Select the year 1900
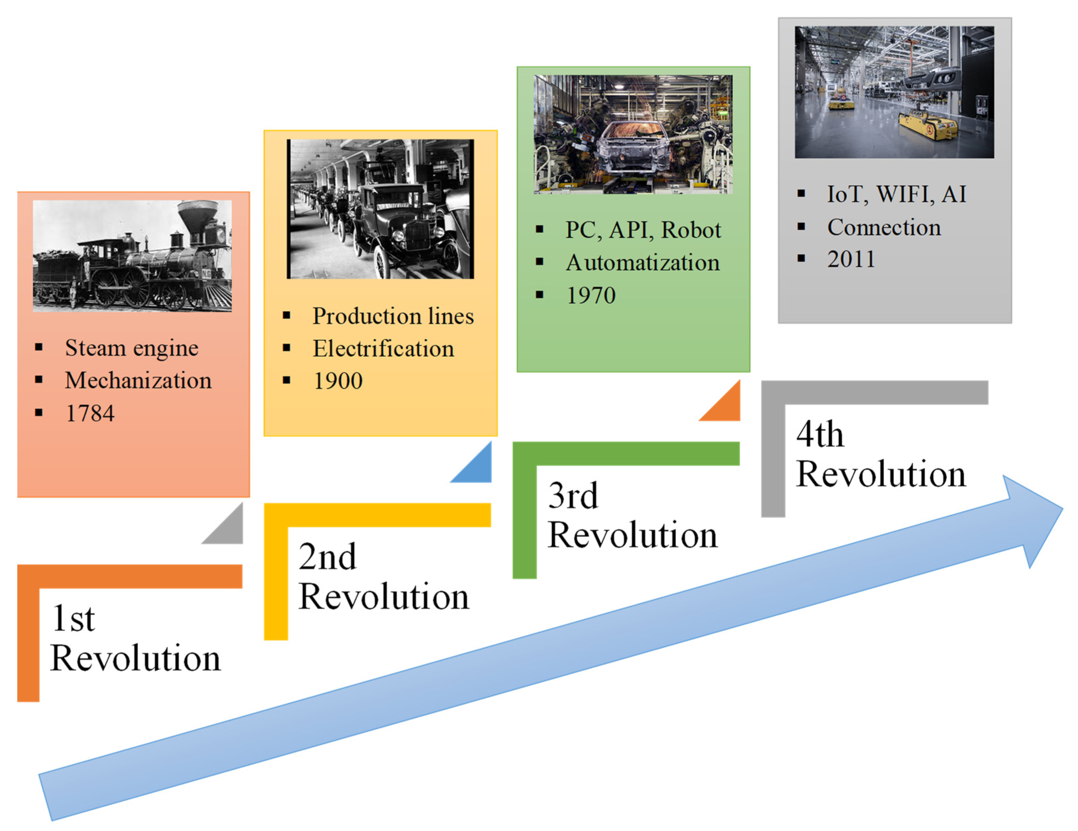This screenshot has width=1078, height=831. (x=338, y=381)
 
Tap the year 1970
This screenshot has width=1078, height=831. (x=591, y=296)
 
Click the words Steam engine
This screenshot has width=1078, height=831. (x=132, y=348)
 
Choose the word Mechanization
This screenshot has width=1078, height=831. (x=138, y=380)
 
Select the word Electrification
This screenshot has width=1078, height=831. (x=384, y=349)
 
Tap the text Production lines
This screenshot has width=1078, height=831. (x=393, y=316)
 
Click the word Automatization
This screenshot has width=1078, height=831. (x=642, y=263)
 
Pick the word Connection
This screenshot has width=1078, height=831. (x=884, y=227)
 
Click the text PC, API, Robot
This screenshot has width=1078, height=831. (x=643, y=230)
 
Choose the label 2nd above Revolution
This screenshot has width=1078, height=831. (x=327, y=557)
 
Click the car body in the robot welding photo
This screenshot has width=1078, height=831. (x=633, y=148)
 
